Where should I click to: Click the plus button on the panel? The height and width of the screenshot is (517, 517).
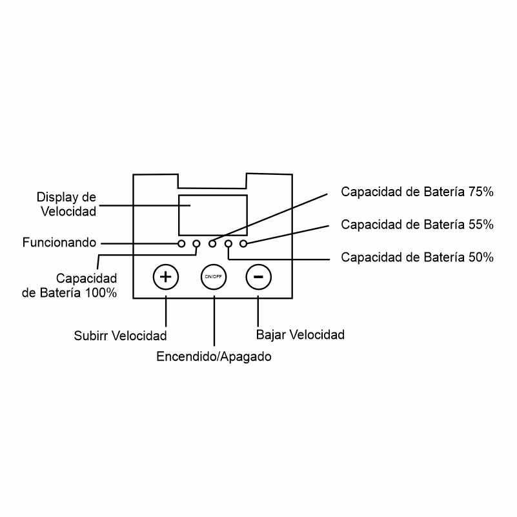(x=165, y=277)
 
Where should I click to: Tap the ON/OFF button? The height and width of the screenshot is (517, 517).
(x=214, y=277)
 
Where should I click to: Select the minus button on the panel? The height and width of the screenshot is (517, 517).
(x=258, y=277)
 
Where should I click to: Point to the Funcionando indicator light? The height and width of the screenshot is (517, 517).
(x=181, y=244)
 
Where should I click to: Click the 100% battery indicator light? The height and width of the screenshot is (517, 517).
(x=196, y=244)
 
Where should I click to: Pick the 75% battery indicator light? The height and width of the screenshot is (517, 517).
(x=212, y=244)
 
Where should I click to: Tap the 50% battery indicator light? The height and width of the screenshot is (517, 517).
(x=228, y=244)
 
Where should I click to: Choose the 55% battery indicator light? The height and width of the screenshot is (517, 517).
(x=243, y=244)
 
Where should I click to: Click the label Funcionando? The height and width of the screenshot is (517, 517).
(x=59, y=243)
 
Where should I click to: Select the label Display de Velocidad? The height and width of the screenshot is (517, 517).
(x=66, y=204)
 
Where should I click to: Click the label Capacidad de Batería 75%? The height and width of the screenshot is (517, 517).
(x=417, y=192)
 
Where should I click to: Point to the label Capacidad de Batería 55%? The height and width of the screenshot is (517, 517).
(x=417, y=225)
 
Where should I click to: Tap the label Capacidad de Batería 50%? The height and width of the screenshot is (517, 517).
(x=417, y=257)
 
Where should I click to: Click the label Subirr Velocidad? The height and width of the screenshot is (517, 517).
(x=120, y=336)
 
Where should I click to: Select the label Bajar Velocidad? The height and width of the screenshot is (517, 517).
(x=300, y=335)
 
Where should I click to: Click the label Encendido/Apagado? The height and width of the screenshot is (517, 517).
(x=214, y=356)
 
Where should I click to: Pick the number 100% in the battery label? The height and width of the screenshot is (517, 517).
(x=101, y=293)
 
